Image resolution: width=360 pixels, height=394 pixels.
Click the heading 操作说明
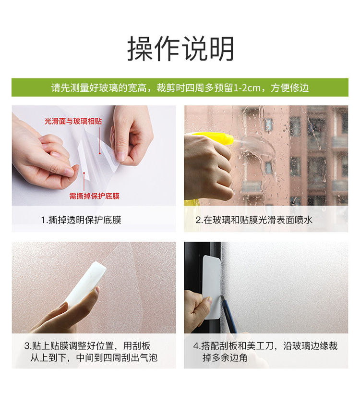tap(180, 49)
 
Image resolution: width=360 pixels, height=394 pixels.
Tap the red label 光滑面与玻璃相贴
tap(73, 122)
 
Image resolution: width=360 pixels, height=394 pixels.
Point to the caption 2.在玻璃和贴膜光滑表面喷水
tap(254, 220)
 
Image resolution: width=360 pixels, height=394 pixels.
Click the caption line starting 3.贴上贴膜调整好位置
tap(87, 346)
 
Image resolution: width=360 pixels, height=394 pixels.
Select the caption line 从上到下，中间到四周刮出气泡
tap(94, 357)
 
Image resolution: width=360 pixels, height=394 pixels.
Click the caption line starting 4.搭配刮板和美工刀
tap(265, 346)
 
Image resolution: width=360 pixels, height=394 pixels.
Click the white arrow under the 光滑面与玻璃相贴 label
tap(101, 139)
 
